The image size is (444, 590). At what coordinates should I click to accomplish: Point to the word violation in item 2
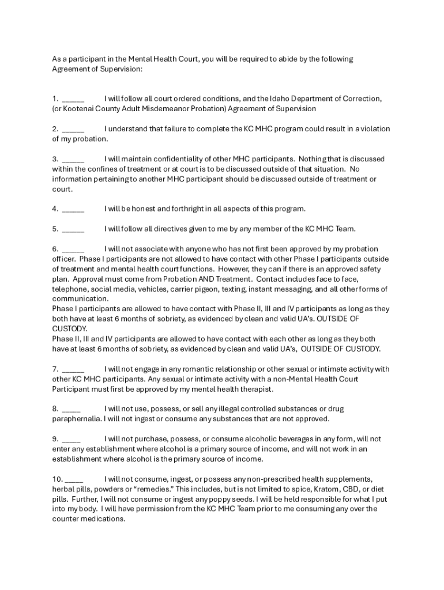(x=373, y=128)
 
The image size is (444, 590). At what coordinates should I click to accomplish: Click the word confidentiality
(x=181, y=158)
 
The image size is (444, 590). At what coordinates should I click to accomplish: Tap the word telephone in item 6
(x=69, y=289)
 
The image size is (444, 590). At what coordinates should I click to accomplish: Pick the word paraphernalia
(x=77, y=419)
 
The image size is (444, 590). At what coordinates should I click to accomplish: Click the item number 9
(x=55, y=438)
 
